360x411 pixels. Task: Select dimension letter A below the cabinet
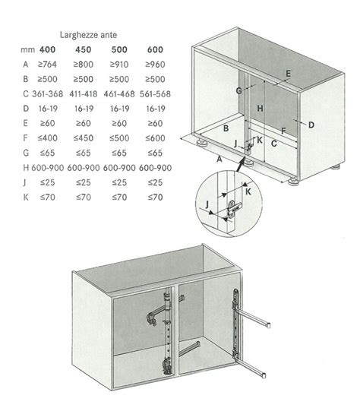pyautogui.click(x=219, y=160)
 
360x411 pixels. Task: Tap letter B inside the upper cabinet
pyautogui.click(x=227, y=128)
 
